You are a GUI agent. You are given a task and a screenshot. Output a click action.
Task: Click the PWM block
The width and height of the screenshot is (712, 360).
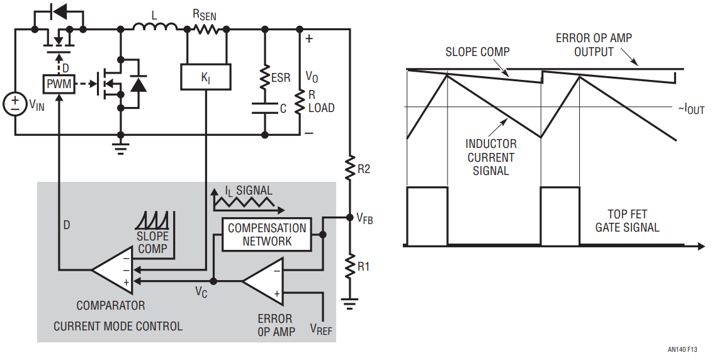(59, 83)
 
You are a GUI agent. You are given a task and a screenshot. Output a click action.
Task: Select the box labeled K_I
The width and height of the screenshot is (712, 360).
(205, 77)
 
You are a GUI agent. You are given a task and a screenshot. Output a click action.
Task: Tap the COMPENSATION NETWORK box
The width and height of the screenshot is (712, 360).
(267, 234)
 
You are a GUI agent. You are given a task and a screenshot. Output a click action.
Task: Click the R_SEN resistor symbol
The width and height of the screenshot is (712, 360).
(205, 28)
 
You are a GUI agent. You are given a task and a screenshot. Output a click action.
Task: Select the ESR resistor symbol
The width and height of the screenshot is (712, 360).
(265, 77)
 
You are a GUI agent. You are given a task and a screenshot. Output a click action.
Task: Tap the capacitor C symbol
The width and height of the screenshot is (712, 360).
(265, 108)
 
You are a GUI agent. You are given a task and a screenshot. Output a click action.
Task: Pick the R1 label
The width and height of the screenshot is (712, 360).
(364, 266)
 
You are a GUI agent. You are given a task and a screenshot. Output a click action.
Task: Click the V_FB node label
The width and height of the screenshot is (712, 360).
(364, 219)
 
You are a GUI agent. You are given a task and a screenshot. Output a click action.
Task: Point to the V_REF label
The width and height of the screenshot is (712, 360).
(321, 329)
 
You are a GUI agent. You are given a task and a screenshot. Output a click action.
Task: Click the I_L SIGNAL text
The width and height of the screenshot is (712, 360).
(249, 191)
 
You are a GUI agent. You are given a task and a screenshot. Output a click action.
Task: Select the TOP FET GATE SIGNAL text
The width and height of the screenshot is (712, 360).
(627, 220)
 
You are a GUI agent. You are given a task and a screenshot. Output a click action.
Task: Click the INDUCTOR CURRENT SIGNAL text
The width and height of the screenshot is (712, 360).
(491, 157)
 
